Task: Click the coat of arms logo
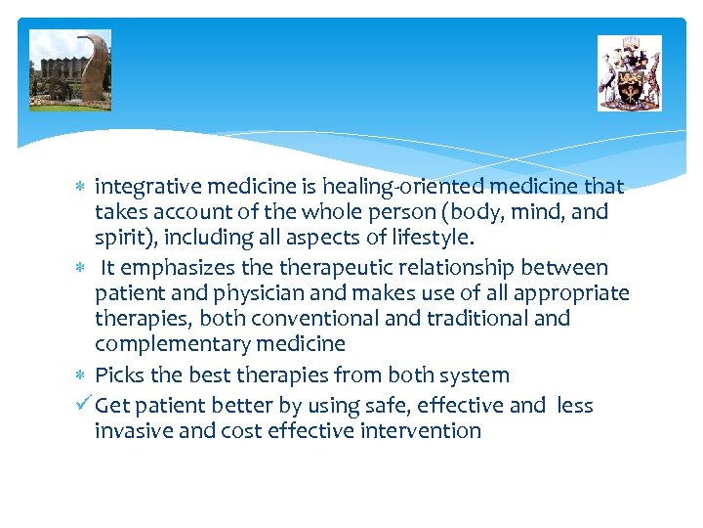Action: coord(630,73)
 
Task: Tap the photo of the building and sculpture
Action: coord(70,69)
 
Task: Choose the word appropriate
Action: coord(572,293)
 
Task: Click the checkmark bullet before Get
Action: coord(82,405)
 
